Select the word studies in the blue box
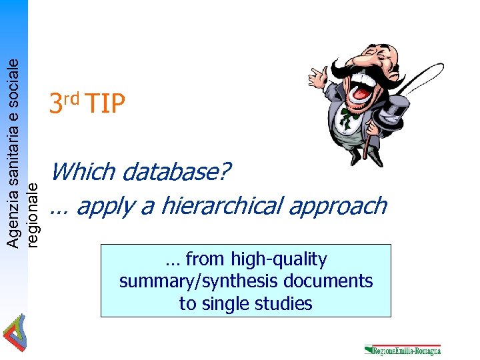pyautogui.click(x=286, y=304)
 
